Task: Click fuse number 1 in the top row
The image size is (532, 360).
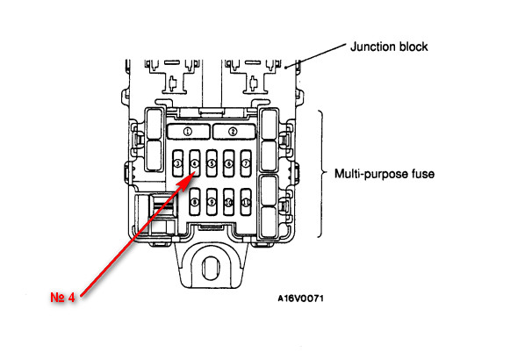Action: [x=186, y=131]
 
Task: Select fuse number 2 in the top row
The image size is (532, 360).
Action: [x=233, y=131]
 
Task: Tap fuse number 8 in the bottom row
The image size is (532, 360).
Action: [x=195, y=203]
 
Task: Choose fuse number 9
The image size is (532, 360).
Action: [x=212, y=203]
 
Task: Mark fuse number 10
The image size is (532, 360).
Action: [x=230, y=203]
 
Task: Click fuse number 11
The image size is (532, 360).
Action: [x=247, y=203]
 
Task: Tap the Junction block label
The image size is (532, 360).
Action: [x=389, y=47]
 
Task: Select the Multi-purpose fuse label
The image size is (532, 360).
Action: [x=385, y=174]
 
